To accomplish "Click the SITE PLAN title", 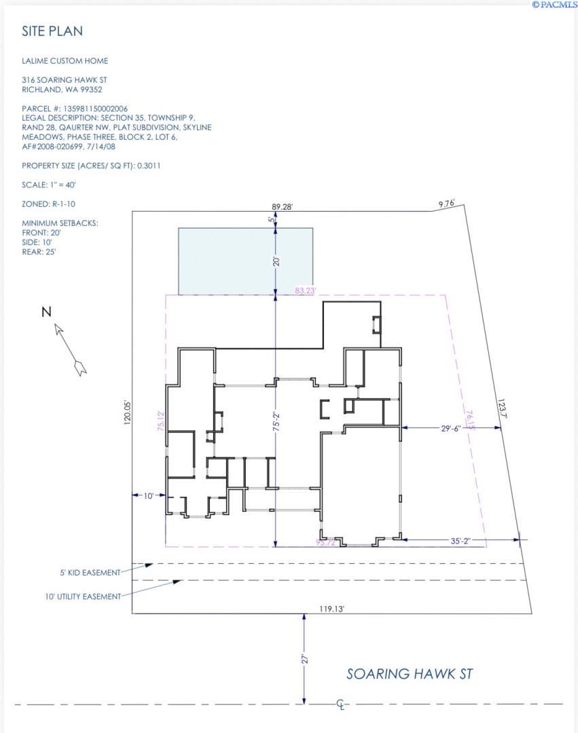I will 52,31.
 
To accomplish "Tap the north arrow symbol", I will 70,349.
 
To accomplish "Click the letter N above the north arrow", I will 46,312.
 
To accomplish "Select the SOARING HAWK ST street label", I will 410,674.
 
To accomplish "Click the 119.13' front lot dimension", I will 332,609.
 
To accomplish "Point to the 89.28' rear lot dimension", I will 281,207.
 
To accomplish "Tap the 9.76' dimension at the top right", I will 446,203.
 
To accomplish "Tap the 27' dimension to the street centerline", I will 306,659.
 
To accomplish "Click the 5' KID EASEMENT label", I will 90,572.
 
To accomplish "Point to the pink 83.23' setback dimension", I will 305,290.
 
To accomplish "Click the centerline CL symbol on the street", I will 341,704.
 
